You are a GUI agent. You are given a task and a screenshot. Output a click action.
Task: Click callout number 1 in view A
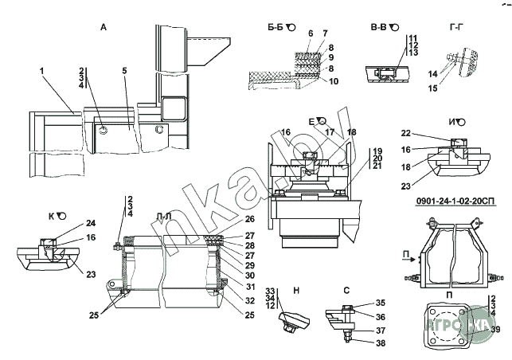coord(41,71)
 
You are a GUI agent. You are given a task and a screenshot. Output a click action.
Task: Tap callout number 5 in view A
coord(124,71)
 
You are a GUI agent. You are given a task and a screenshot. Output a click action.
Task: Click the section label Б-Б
coord(275,27)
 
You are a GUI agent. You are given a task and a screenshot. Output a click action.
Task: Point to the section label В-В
coord(379,27)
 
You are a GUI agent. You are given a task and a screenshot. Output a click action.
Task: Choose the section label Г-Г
coord(456,27)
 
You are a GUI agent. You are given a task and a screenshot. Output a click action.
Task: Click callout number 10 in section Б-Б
coord(334,81)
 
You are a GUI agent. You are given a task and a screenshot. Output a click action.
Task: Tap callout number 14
coord(433,73)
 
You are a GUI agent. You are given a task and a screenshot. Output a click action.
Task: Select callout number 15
coord(433,89)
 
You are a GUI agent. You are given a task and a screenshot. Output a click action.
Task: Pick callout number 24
coord(91,224)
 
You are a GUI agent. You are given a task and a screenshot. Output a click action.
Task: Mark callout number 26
coord(248,219)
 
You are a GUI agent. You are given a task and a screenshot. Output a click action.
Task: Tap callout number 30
coord(248,275)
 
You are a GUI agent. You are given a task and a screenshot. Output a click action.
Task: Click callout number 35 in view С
coord(380,303)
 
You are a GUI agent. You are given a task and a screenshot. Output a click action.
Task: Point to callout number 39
coord(495,329)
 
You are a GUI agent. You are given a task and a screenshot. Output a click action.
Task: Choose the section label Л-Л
coord(164,217)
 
